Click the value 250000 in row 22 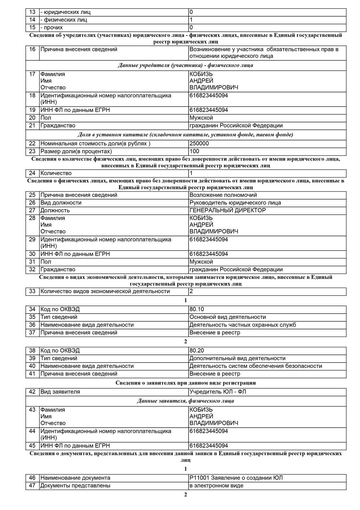pyautogui.click(x=199, y=144)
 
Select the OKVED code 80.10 pyautogui.click(x=197, y=309)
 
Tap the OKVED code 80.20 pyautogui.click(x=197, y=350)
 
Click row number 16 pyautogui.click(x=32, y=49)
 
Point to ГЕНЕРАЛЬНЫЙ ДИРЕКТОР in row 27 pyautogui.click(x=228, y=211)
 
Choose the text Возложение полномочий pyautogui.click(x=223, y=195)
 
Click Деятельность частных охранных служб pyautogui.click(x=243, y=325)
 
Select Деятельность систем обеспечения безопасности pyautogui.click(x=256, y=366)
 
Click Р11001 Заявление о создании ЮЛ pyautogui.click(x=236, y=478)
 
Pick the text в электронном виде pyautogui.click(x=216, y=485)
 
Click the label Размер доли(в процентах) pyautogui.click(x=76, y=151)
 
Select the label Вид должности pyautogui.click(x=61, y=203)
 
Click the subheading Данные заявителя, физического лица pyautogui.click(x=186, y=401)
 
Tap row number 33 pyautogui.click(x=32, y=291)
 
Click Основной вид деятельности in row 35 pyautogui.click(x=228, y=317)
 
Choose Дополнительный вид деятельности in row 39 pyautogui.click(x=237, y=358)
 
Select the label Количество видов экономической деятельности pyautogui.click(x=105, y=291)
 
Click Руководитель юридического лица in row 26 pyautogui.click(x=235, y=203)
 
